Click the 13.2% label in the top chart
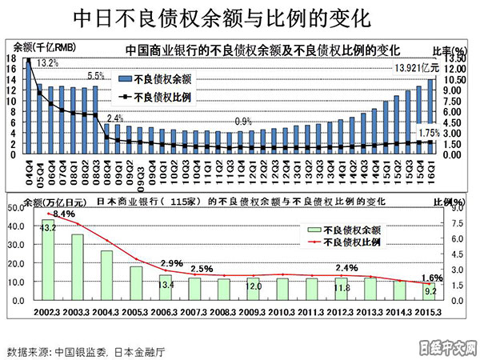click(48, 62)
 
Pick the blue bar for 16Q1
click(432, 117)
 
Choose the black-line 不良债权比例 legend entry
click(156, 97)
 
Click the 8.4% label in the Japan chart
click(63, 214)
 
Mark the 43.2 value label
click(49, 228)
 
